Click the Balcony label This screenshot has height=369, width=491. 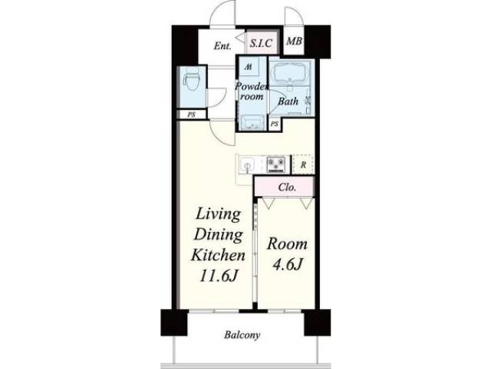[x=242, y=335]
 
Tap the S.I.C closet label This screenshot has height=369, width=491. [x=261, y=43]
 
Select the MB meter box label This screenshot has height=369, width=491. [x=295, y=41]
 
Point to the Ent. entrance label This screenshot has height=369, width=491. [x=222, y=46]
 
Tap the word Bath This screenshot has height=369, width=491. [x=288, y=101]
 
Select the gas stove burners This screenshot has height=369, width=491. [x=276, y=165]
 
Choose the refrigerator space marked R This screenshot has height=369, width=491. [x=303, y=164]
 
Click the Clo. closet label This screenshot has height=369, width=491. [x=287, y=188]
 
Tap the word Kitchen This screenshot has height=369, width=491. [x=218, y=255]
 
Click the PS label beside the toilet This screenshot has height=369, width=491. [x=191, y=115]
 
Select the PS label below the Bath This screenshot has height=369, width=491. [x=275, y=124]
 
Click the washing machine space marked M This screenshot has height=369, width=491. [x=249, y=67]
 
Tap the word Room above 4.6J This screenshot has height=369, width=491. [x=287, y=244]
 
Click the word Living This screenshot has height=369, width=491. [x=218, y=215]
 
